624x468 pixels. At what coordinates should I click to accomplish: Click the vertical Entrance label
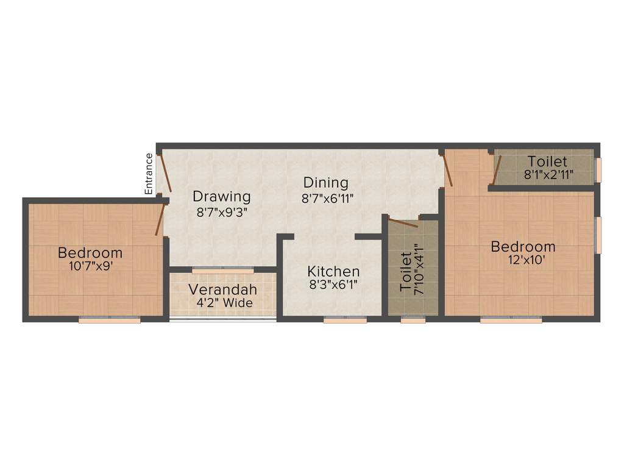point(149,174)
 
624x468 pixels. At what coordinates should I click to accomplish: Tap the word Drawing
point(222,197)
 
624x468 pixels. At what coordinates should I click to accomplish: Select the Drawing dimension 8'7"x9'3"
point(222,213)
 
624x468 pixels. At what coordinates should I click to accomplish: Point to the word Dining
point(326,182)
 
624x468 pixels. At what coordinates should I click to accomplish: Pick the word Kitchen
point(333,271)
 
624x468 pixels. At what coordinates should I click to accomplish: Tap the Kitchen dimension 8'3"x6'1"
point(333,286)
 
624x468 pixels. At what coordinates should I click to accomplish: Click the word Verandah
point(222,289)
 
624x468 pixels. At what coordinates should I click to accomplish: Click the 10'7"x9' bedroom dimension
point(90,266)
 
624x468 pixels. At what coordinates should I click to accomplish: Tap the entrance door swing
point(165,174)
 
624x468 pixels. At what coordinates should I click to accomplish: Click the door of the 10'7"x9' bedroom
point(160,219)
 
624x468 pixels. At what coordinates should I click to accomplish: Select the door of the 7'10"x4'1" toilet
point(402,222)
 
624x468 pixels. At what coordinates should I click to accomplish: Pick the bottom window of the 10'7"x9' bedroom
point(110,319)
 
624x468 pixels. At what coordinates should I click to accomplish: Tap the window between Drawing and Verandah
point(223,269)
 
